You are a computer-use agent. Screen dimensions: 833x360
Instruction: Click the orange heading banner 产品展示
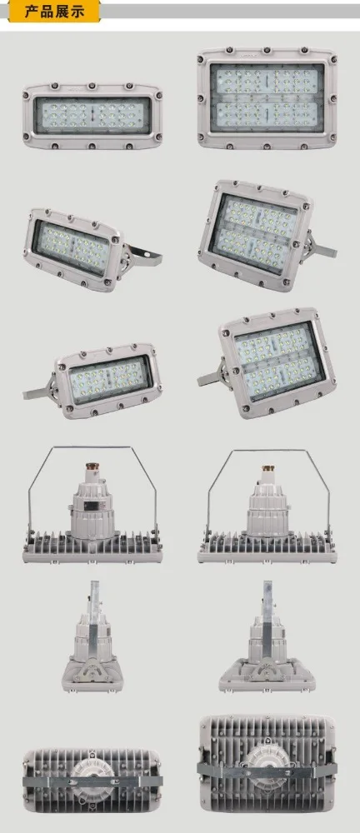51,11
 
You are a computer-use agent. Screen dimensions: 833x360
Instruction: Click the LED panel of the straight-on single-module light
87,116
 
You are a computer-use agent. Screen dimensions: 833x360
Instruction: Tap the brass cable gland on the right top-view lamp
267,472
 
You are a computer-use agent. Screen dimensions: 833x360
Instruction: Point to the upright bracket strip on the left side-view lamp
94,608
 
